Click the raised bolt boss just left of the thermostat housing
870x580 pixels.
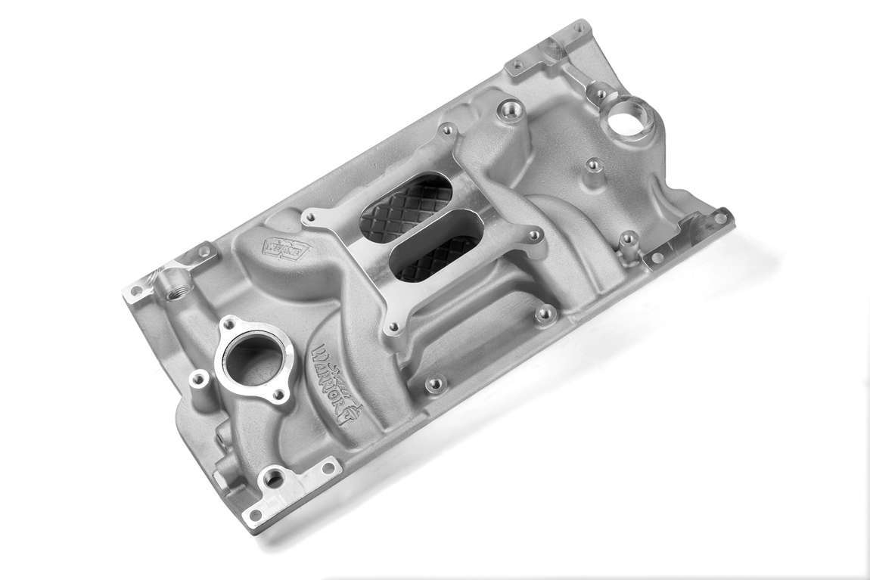[x=200, y=377]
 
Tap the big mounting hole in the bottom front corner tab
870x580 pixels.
[x=273, y=477]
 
